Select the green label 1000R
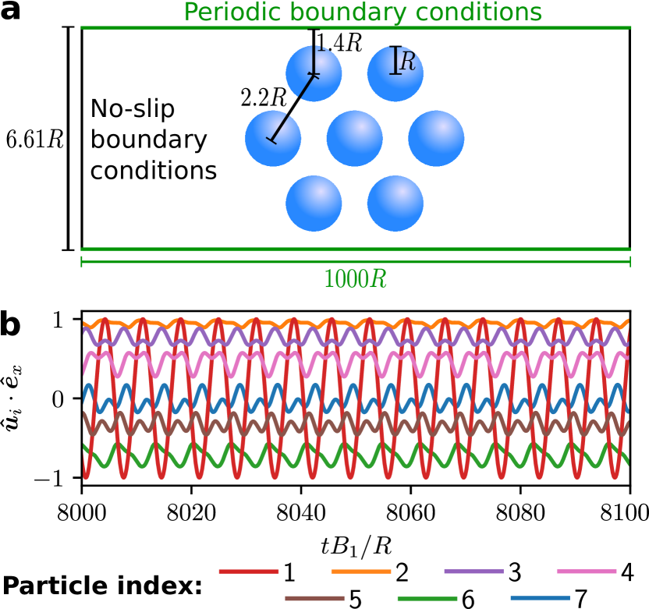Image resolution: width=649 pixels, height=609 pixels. tap(355, 279)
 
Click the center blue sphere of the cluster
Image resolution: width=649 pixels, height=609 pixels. tap(354, 139)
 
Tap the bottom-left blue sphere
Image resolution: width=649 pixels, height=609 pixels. tap(314, 204)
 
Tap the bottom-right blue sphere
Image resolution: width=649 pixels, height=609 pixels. tap(395, 204)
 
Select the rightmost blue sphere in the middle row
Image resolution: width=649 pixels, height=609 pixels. tap(436, 139)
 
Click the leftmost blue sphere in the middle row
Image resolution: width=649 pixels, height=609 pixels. tap(273, 139)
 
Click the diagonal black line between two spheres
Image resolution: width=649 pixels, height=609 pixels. tap(293, 108)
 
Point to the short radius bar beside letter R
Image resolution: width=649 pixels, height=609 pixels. tap(395, 61)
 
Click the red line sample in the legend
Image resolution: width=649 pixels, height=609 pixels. tap(248, 572)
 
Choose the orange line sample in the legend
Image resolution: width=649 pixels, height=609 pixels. tap(360, 572)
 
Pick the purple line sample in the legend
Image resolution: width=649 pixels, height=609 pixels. tap(473, 572)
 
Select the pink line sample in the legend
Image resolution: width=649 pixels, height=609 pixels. tap(586, 572)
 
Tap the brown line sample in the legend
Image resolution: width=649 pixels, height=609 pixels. tap(314, 599)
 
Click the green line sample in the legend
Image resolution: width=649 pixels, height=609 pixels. tap(427, 599)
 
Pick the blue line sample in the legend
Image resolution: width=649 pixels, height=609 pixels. tap(540, 599)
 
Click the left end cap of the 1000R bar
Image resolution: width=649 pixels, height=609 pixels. tap(82, 262)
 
